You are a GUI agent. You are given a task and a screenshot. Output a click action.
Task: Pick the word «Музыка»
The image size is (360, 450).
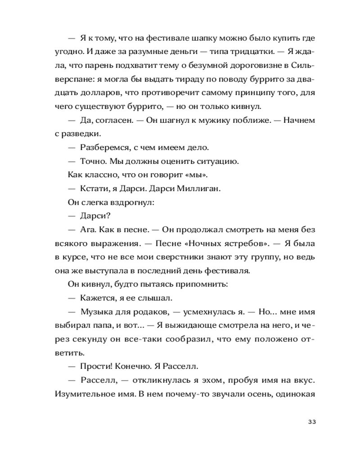[x=96, y=312]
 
